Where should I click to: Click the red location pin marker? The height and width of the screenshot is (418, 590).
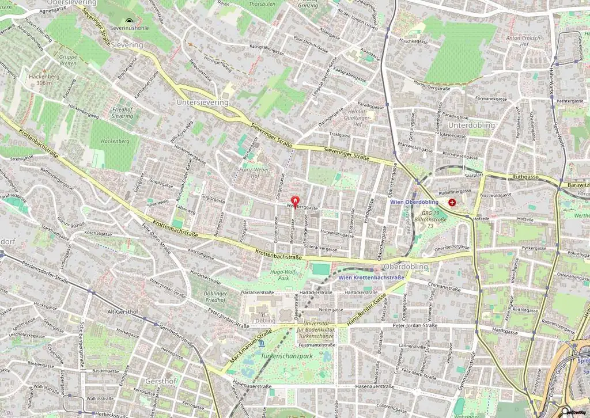click(x=295, y=201)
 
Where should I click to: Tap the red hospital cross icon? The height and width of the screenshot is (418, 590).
click(x=452, y=203)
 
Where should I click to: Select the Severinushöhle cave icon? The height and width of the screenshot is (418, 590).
click(x=128, y=21)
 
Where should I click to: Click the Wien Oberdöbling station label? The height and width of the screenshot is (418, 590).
click(x=414, y=202)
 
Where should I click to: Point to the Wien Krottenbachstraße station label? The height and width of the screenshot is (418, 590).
click(x=371, y=278)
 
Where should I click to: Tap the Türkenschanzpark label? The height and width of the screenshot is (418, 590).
click(x=286, y=356)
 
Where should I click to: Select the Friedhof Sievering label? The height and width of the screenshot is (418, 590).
click(x=122, y=112)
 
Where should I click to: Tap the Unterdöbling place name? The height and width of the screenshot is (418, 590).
click(x=471, y=125)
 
